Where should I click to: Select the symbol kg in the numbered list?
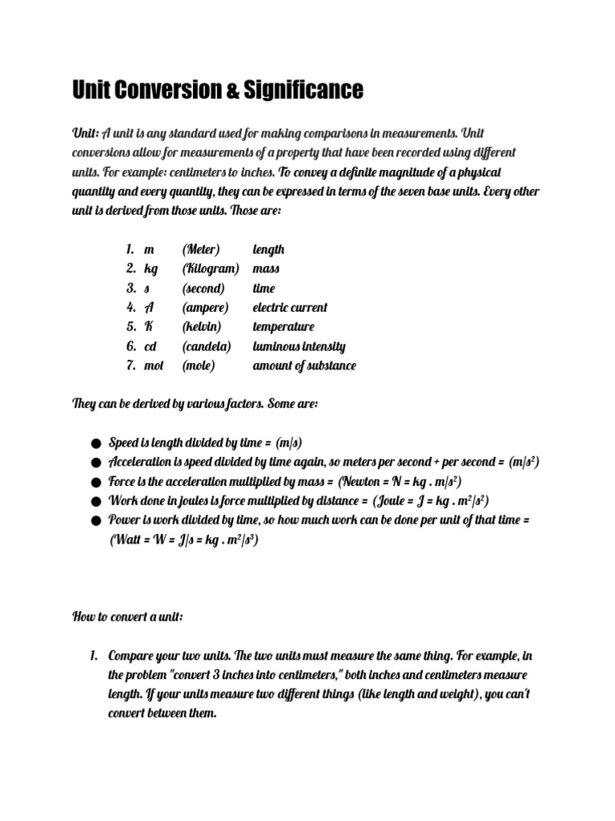pos(151,269)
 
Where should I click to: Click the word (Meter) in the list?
pos(200,249)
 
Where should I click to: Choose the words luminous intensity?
pos(299,346)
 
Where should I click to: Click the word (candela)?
pos(206,346)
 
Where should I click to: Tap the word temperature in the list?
pos(283,327)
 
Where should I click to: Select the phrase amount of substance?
pos(304,366)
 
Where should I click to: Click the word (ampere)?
pos(205,308)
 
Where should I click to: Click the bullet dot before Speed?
pos(95,443)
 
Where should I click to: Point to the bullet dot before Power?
pos(95,521)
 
